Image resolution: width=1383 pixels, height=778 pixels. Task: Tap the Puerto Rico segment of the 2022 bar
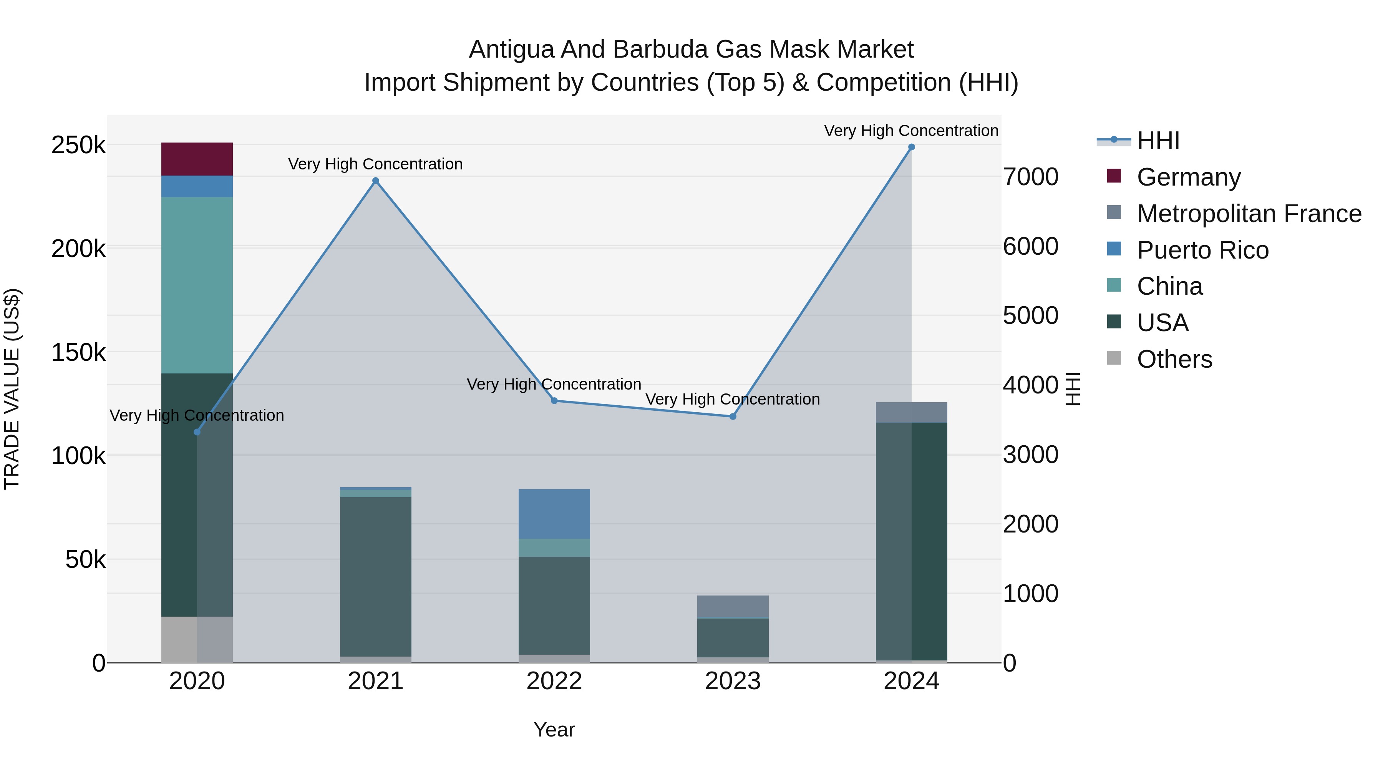tap(554, 513)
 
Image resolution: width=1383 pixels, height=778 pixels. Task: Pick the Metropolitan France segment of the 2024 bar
tap(911, 412)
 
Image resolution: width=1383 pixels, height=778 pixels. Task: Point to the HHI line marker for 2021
tap(375, 181)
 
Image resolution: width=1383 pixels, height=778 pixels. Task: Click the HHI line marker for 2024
tap(911, 147)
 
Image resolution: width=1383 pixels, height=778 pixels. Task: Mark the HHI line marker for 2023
tap(733, 416)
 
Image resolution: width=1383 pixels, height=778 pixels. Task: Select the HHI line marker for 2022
tap(554, 401)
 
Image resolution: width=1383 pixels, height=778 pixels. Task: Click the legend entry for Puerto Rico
tap(1202, 250)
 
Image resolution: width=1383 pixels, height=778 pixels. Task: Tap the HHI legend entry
tap(1157, 141)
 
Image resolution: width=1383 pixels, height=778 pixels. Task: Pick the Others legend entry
tap(1174, 359)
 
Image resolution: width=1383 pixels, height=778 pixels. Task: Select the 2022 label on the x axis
tap(554, 681)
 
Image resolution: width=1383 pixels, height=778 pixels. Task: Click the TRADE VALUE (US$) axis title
tap(12, 389)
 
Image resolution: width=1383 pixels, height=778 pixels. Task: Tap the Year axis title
tap(554, 730)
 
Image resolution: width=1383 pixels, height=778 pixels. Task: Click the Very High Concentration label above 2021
tap(375, 164)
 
